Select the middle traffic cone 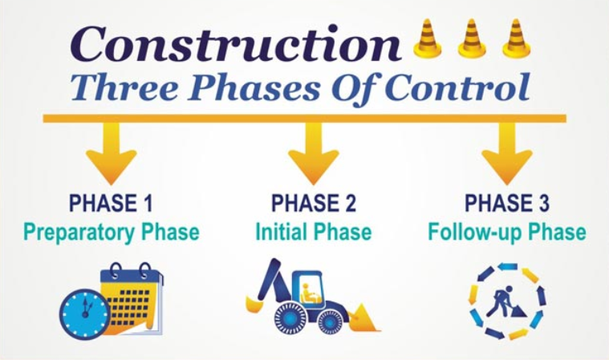[473, 39]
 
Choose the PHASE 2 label [313, 204]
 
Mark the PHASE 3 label [506, 204]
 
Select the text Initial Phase [313, 233]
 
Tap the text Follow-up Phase [506, 233]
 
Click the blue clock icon [84, 312]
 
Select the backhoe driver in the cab [306, 291]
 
